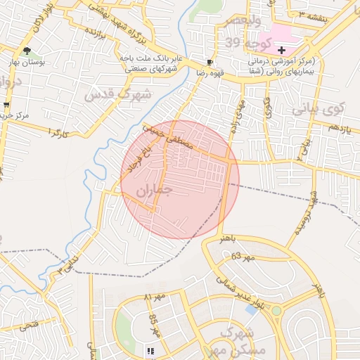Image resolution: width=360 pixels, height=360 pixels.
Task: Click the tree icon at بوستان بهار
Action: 27,51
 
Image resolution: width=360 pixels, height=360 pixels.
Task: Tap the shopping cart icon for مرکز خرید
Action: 6,105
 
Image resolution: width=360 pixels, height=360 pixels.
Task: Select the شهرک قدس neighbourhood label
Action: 117,94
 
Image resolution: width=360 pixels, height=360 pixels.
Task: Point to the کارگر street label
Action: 58,131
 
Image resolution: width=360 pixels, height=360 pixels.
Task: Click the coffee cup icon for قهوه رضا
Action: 209,61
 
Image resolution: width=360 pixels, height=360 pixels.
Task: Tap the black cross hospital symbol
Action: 281,50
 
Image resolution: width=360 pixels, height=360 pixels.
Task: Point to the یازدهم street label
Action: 339,127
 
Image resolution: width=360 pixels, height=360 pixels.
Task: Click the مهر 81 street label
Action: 154,296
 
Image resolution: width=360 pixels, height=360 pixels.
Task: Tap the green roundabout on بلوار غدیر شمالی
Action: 276,310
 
